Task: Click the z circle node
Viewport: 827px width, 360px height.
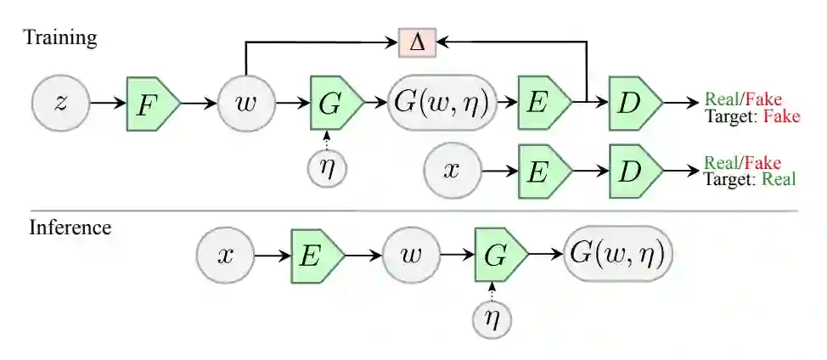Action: [x=60, y=104]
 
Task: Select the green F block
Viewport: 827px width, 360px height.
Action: [x=152, y=104]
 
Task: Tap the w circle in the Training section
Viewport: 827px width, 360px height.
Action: [x=245, y=104]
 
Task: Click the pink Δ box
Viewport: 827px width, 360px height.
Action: [x=417, y=42]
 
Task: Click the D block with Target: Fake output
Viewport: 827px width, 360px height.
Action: [x=633, y=104]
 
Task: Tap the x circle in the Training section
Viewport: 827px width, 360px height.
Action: [x=452, y=171]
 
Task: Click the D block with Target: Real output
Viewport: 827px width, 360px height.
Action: [x=633, y=171]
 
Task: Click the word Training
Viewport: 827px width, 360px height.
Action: [x=60, y=37]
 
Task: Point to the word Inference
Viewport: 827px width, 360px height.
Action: [x=70, y=228]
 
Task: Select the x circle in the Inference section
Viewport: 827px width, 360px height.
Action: [x=224, y=255]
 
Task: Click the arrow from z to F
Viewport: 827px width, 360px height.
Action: [x=108, y=104]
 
